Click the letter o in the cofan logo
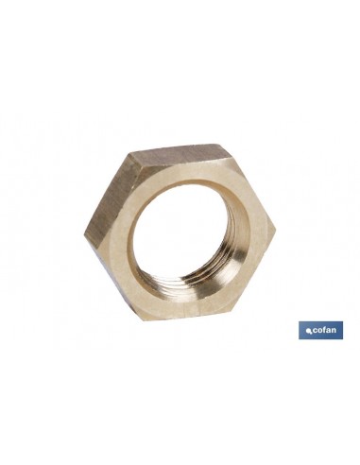[x=316, y=331]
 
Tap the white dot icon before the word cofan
[x=302, y=331]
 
